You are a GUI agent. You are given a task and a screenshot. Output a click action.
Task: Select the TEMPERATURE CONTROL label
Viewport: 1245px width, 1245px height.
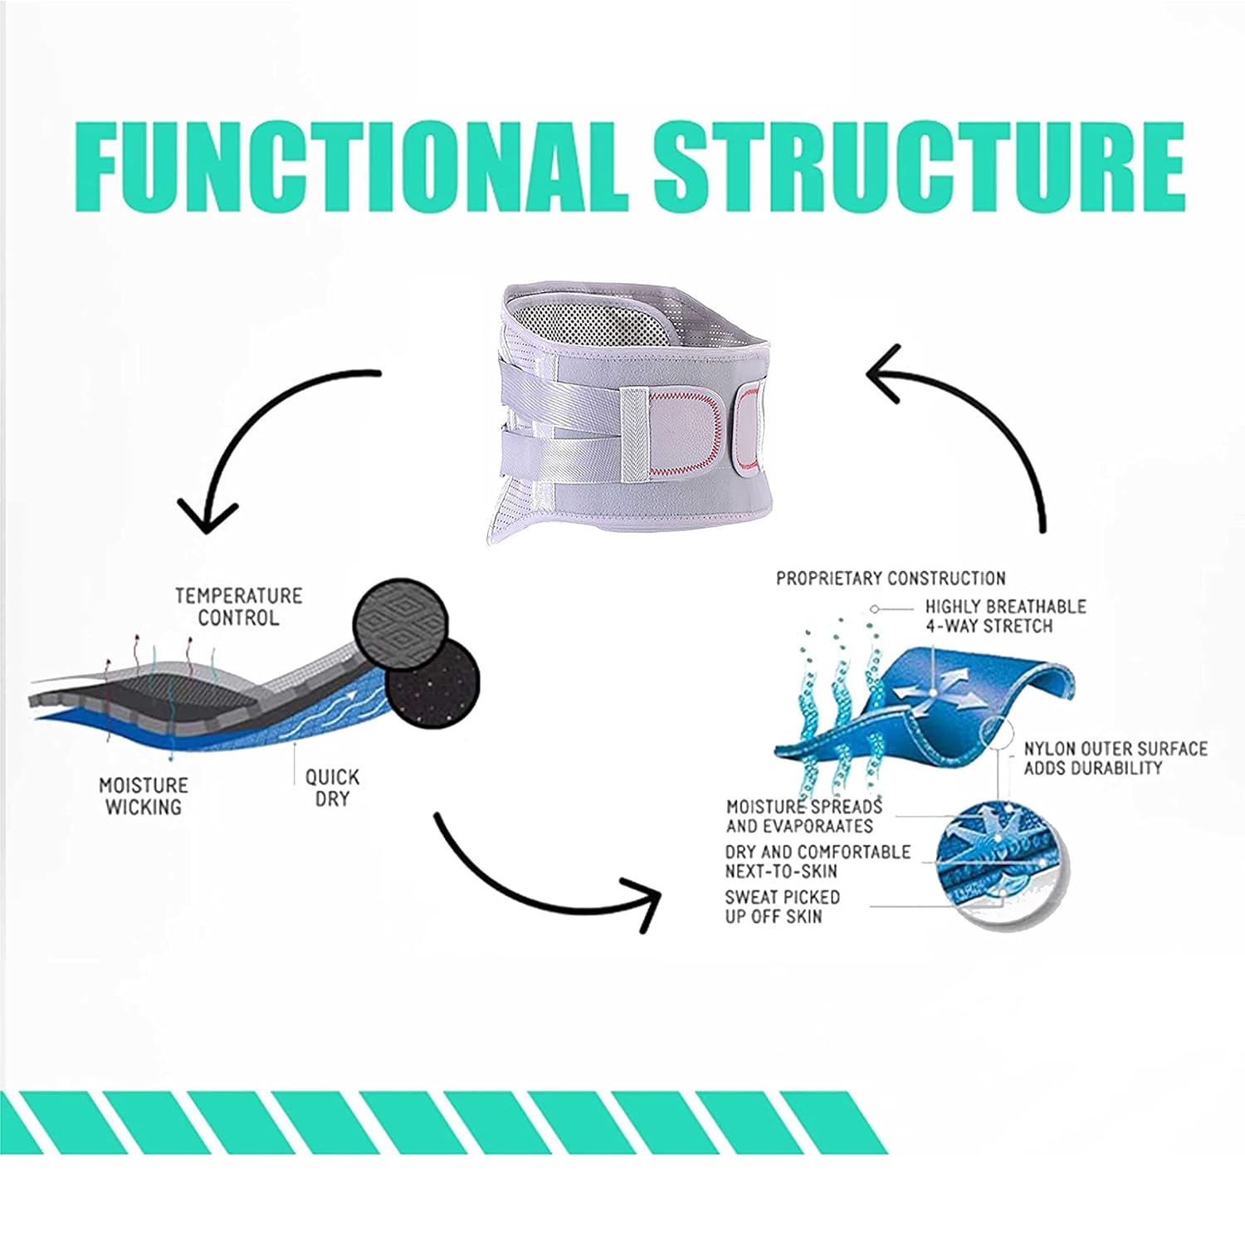[238, 607]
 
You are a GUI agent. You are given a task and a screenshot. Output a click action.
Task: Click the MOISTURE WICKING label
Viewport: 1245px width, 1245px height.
[144, 795]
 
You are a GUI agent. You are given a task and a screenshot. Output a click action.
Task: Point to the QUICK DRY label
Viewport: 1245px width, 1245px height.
[332, 788]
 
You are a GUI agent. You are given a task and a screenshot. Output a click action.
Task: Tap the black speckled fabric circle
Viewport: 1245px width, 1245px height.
[434, 682]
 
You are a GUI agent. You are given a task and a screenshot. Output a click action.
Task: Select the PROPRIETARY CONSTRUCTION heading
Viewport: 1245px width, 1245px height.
[891, 578]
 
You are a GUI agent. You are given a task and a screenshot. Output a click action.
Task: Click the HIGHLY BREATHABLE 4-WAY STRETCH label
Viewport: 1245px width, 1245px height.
[1005, 616]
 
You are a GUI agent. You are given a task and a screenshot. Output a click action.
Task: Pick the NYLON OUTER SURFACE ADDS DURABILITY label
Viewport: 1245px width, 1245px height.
[1116, 758]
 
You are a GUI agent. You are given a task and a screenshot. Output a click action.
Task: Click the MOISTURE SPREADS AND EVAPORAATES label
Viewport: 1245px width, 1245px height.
[804, 816]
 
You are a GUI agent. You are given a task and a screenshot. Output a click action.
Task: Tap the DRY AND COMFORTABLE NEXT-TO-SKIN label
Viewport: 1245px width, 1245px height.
[818, 862]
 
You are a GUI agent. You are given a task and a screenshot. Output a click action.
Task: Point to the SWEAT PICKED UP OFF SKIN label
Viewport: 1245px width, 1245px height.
[782, 906]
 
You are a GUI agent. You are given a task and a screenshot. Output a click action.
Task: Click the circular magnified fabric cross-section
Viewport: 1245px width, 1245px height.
[1001, 864]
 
